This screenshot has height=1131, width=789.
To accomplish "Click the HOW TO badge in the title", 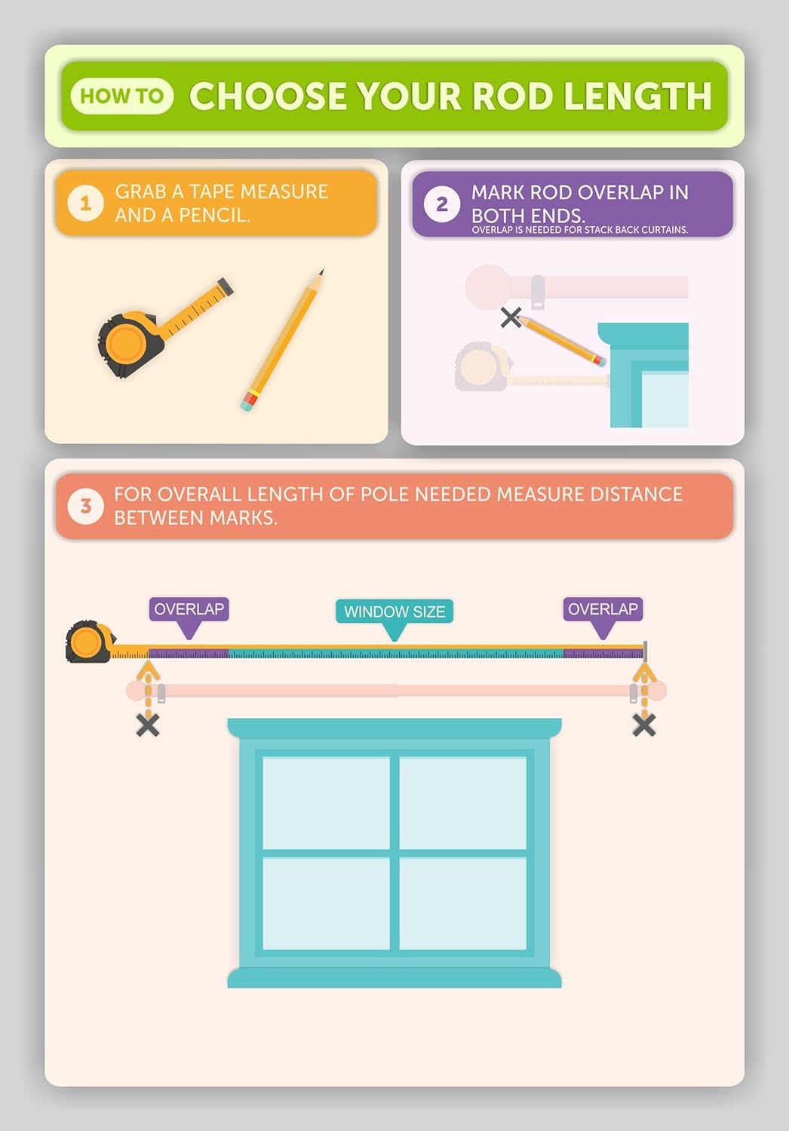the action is pyautogui.click(x=122, y=96).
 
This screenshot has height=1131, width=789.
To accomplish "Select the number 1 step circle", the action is pyautogui.click(x=86, y=203).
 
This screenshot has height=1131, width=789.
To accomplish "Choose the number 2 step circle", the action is pyautogui.click(x=442, y=204).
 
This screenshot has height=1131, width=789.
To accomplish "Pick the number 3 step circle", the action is pyautogui.click(x=86, y=505).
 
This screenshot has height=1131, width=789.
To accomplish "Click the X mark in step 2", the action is pyautogui.click(x=511, y=317).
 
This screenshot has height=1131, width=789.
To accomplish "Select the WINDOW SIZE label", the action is pyautogui.click(x=394, y=611).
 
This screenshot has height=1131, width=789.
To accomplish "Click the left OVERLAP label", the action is pyautogui.click(x=189, y=609).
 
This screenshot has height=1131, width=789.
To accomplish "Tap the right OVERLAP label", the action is pyautogui.click(x=603, y=609).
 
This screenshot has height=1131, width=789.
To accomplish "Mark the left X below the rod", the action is pyautogui.click(x=148, y=725).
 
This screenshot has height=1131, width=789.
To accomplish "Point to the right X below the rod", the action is pyautogui.click(x=644, y=725).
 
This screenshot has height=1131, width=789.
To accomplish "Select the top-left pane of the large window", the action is pyautogui.click(x=326, y=803).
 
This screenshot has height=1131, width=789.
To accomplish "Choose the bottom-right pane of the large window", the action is pyautogui.click(x=462, y=903).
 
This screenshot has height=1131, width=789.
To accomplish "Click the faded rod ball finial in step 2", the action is pyautogui.click(x=489, y=287).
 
